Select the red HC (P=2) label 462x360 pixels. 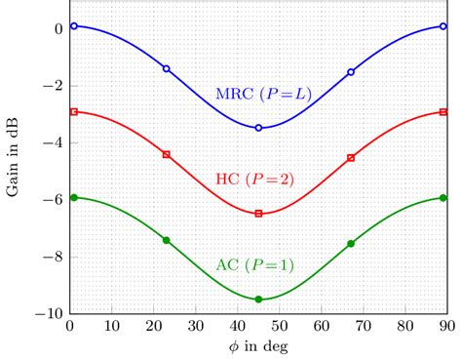[254, 179]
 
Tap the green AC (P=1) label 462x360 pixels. [254, 264]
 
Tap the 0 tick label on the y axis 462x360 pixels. [58, 28]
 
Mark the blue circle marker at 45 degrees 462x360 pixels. [258, 128]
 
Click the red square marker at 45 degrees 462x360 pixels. [258, 214]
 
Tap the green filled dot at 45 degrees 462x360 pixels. [258, 300]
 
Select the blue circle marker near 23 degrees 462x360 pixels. [166, 68]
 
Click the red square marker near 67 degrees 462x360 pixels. [351, 157]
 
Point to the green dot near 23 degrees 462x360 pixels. [166, 240]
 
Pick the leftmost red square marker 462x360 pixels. [73, 112]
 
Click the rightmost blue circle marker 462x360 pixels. [443, 26]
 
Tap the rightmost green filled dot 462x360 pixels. [443, 198]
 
